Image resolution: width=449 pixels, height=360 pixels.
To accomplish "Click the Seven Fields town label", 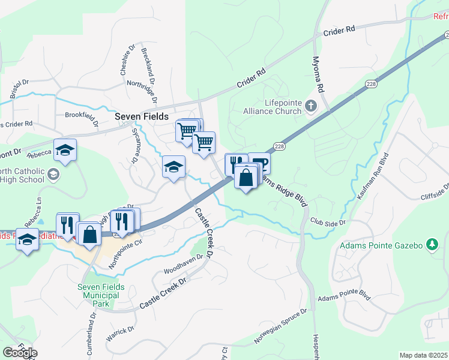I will (x=142, y=116).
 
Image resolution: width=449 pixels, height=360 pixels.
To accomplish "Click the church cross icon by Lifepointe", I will (x=310, y=106).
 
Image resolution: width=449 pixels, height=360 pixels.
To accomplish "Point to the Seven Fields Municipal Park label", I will (x=101, y=295).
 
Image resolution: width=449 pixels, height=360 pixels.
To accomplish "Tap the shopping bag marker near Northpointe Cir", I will (x=89, y=234).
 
